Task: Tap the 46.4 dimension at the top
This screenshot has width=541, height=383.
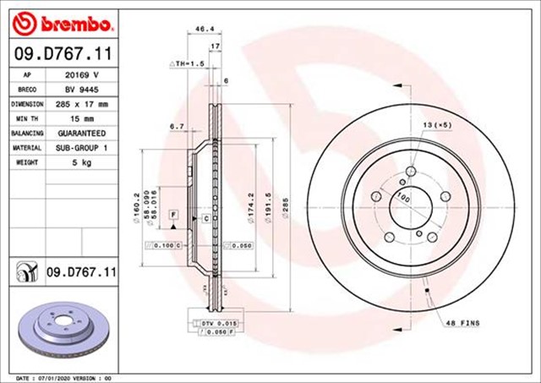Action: pyautogui.click(x=204, y=30)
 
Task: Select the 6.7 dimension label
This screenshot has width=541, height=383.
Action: pyautogui.click(x=177, y=126)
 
